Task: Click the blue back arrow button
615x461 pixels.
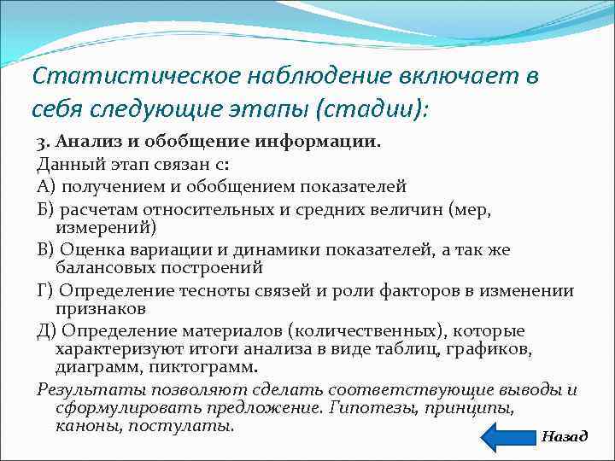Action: (x=508, y=435)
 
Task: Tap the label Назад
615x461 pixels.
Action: (x=565, y=436)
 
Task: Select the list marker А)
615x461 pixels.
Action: (x=47, y=185)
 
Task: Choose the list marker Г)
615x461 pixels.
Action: (x=46, y=290)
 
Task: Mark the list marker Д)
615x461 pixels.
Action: (x=47, y=330)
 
